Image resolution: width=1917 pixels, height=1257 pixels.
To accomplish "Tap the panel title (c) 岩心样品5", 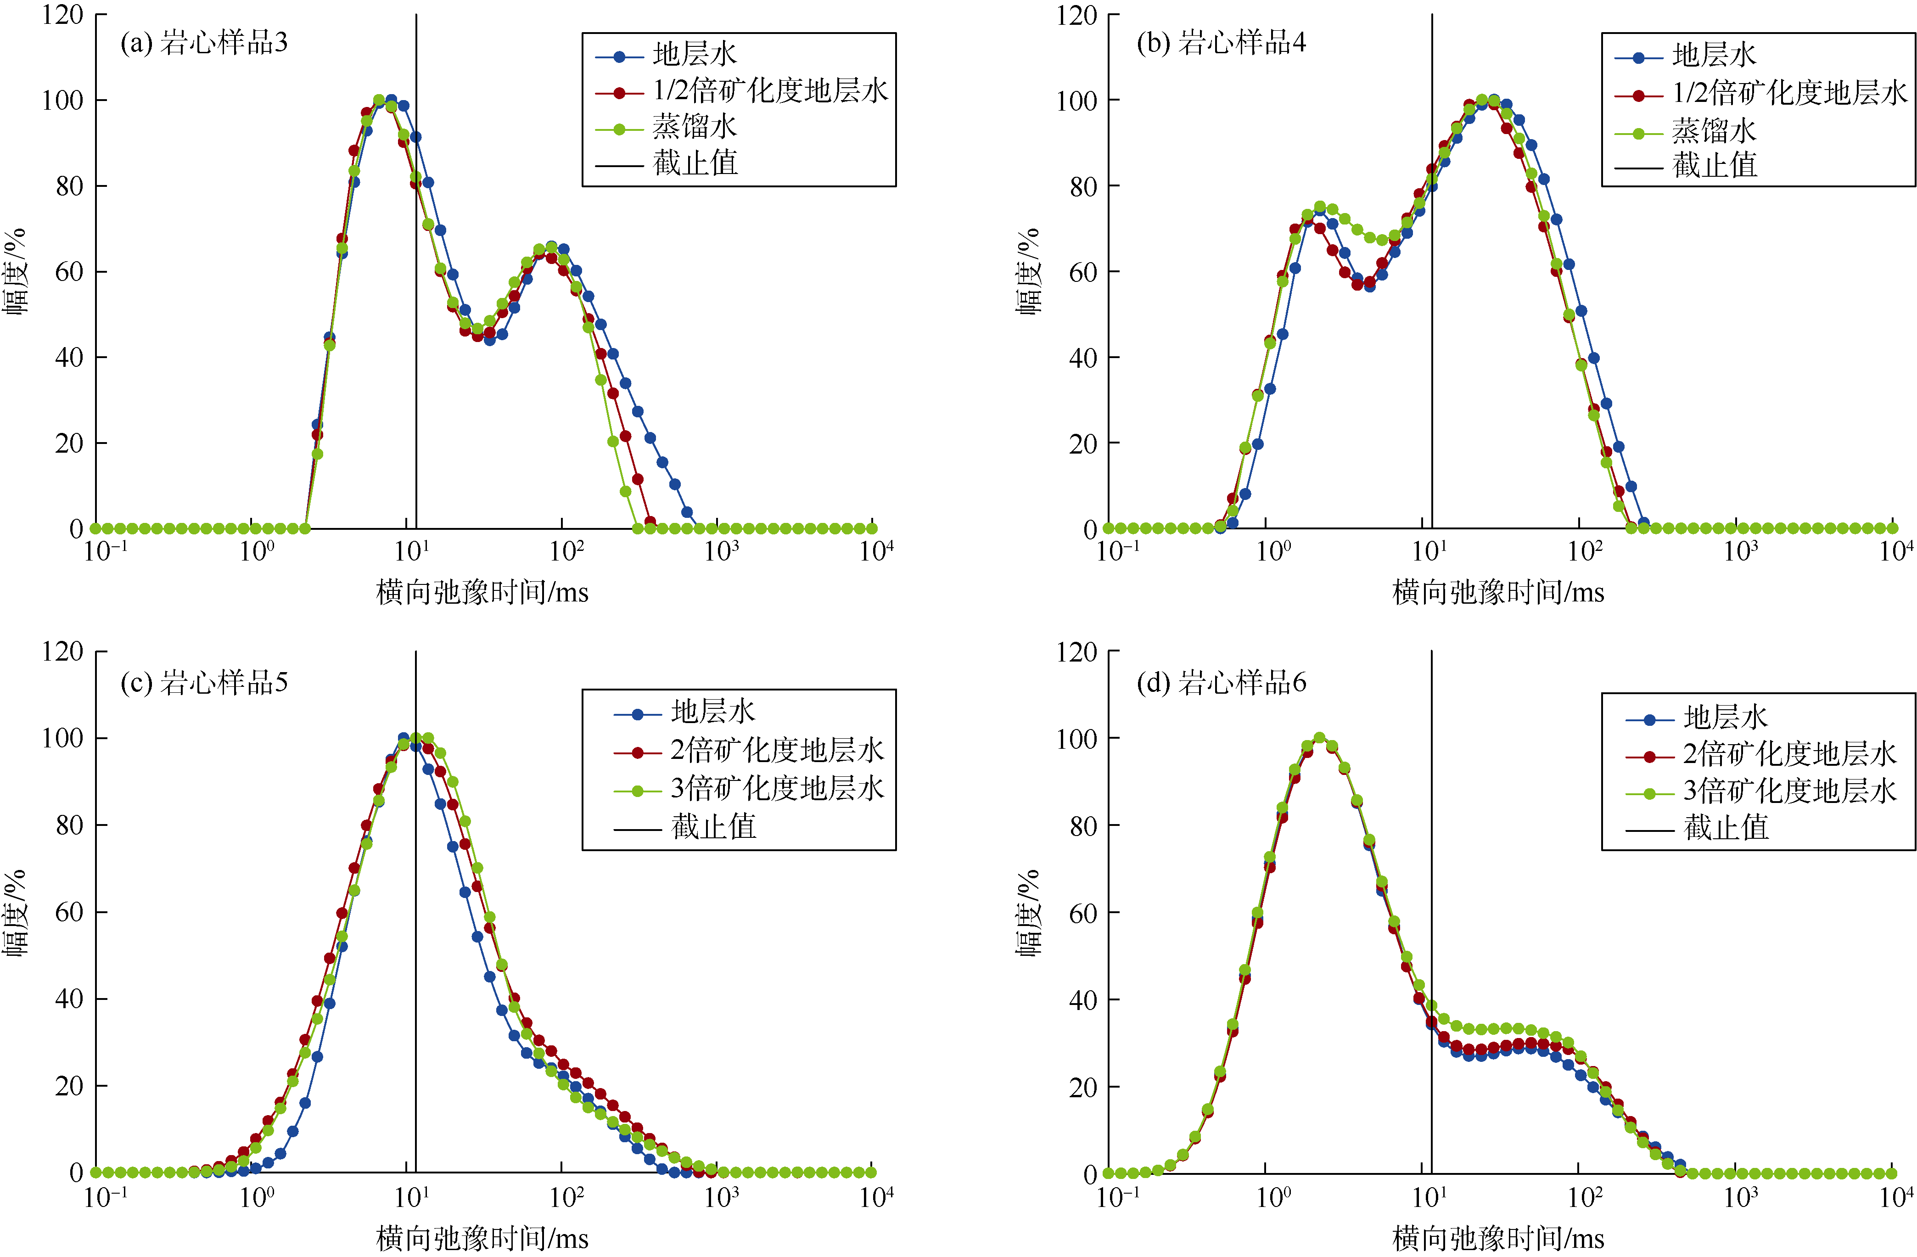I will [x=204, y=683].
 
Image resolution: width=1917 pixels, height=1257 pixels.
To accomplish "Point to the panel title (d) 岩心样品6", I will [x=1221, y=683].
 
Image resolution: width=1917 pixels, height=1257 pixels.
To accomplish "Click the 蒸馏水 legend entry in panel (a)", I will [x=694, y=127].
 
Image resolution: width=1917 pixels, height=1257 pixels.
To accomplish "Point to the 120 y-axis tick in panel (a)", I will [x=63, y=15].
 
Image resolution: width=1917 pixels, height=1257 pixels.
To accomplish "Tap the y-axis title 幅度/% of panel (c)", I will [x=16, y=913].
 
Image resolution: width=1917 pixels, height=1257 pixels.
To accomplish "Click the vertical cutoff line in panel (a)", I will [x=416, y=322].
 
